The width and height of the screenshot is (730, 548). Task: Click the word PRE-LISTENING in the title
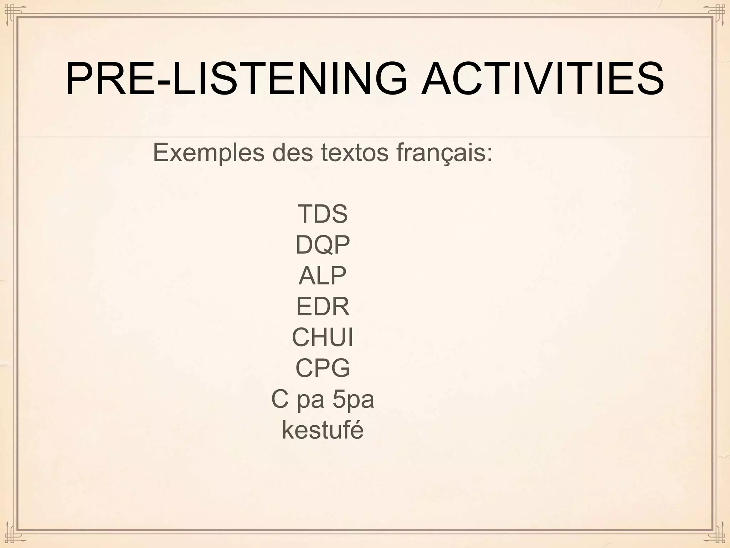[235, 79]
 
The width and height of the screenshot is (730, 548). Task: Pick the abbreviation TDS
[323, 214]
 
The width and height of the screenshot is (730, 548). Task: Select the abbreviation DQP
[323, 245]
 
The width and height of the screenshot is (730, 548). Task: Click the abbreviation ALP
[323, 276]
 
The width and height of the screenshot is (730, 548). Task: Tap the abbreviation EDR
[323, 306]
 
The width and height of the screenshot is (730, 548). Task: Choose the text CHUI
[323, 337]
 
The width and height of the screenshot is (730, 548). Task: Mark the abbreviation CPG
[323, 368]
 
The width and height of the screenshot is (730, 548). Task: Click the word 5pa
[353, 400]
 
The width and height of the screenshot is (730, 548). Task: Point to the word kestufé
[323, 430]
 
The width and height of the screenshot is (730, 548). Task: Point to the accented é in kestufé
[357, 430]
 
